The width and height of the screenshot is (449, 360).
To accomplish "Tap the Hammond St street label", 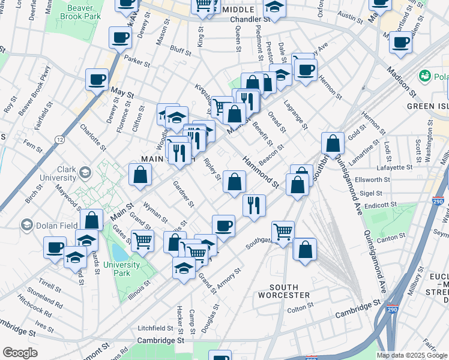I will point(261,172).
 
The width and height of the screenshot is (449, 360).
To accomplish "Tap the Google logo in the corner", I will point(20,353).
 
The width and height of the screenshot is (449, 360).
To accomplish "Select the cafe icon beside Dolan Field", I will point(55,246).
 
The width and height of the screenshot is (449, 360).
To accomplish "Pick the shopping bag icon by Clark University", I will point(140,174).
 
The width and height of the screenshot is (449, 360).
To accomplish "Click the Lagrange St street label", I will point(296,118).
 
